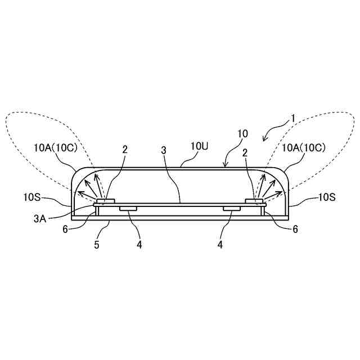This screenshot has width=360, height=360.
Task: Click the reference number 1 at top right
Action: [292, 119]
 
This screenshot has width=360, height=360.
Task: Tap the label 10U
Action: [200, 146]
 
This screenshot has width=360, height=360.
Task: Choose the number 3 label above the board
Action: [164, 151]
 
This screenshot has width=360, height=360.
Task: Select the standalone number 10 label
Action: [242, 134]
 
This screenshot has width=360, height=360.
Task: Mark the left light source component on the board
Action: [106, 200]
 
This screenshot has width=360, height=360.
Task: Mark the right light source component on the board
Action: [254, 200]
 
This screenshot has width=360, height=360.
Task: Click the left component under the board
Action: [129, 209]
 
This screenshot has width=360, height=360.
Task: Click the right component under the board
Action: [231, 209]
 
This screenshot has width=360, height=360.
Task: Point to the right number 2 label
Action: [245, 152]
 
